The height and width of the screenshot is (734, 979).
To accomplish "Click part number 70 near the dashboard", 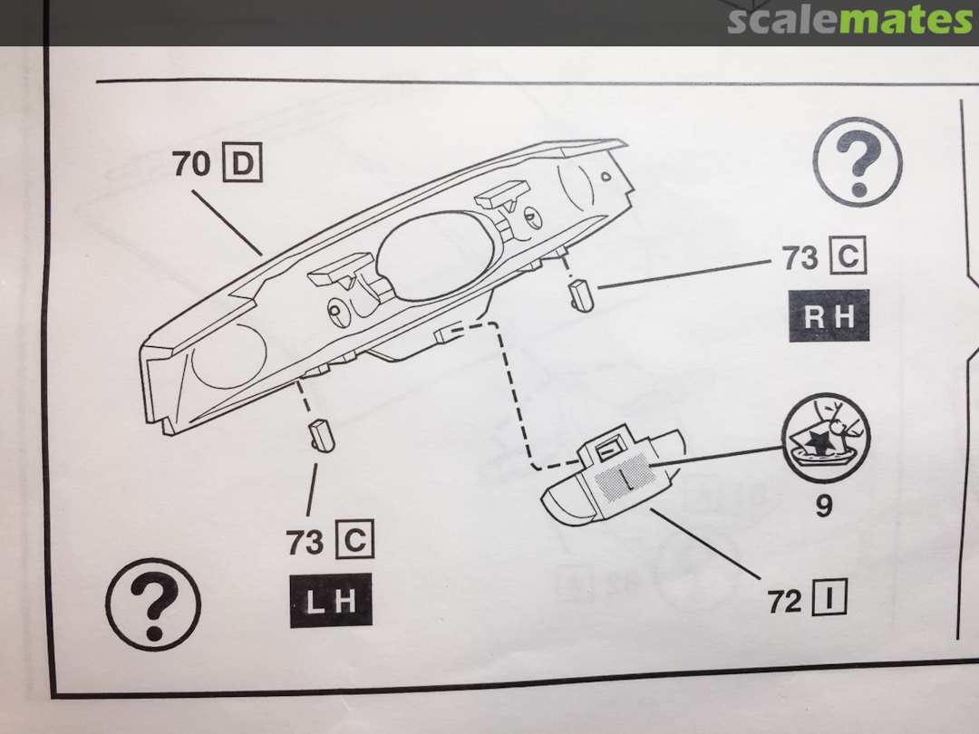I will (191, 165).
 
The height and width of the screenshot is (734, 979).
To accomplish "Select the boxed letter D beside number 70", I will (242, 165).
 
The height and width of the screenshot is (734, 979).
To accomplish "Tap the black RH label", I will (829, 315).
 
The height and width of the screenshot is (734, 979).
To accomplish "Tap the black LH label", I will (331, 600).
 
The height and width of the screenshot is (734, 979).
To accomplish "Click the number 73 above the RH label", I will (800, 258).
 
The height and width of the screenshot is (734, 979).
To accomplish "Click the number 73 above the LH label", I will (305, 543).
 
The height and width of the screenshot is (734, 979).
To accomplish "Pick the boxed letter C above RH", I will (848, 258).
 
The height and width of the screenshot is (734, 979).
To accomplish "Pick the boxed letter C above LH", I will (354, 542).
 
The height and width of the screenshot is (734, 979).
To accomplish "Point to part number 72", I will (785, 601).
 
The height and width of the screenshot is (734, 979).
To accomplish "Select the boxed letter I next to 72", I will (829, 600).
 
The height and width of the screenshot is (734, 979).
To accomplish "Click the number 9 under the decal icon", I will (823, 505).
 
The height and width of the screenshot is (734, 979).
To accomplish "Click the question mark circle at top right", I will (857, 161).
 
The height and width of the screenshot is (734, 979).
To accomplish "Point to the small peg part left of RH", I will (580, 295).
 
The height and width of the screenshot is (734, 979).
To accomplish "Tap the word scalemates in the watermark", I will (849, 20).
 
